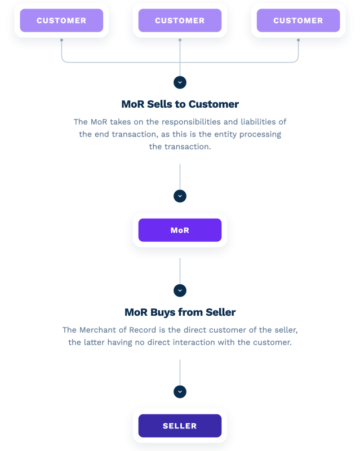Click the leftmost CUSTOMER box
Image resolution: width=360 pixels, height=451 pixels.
[61, 20]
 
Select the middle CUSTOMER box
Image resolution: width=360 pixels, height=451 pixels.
[180, 20]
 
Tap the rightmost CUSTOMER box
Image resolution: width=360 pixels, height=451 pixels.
[299, 20]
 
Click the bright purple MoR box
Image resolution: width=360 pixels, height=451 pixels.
[180, 230]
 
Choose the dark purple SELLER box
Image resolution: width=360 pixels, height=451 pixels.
[180, 426]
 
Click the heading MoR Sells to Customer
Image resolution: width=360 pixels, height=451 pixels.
[180, 104]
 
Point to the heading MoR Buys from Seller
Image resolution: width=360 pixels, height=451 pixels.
[180, 312]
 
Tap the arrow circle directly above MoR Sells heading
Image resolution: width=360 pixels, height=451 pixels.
[180, 82]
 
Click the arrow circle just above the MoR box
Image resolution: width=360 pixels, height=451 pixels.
[180, 196]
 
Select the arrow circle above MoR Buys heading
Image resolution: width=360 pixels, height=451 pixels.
[180, 290]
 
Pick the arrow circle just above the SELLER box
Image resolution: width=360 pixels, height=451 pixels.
[180, 392]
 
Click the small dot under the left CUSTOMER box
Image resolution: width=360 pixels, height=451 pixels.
[61, 40]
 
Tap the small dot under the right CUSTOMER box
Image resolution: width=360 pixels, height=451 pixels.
[299, 40]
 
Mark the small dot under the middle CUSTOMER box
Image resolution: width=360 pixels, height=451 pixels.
[180, 40]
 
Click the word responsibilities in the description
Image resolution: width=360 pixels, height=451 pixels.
[191, 122]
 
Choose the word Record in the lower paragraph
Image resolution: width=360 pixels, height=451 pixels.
[143, 330]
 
